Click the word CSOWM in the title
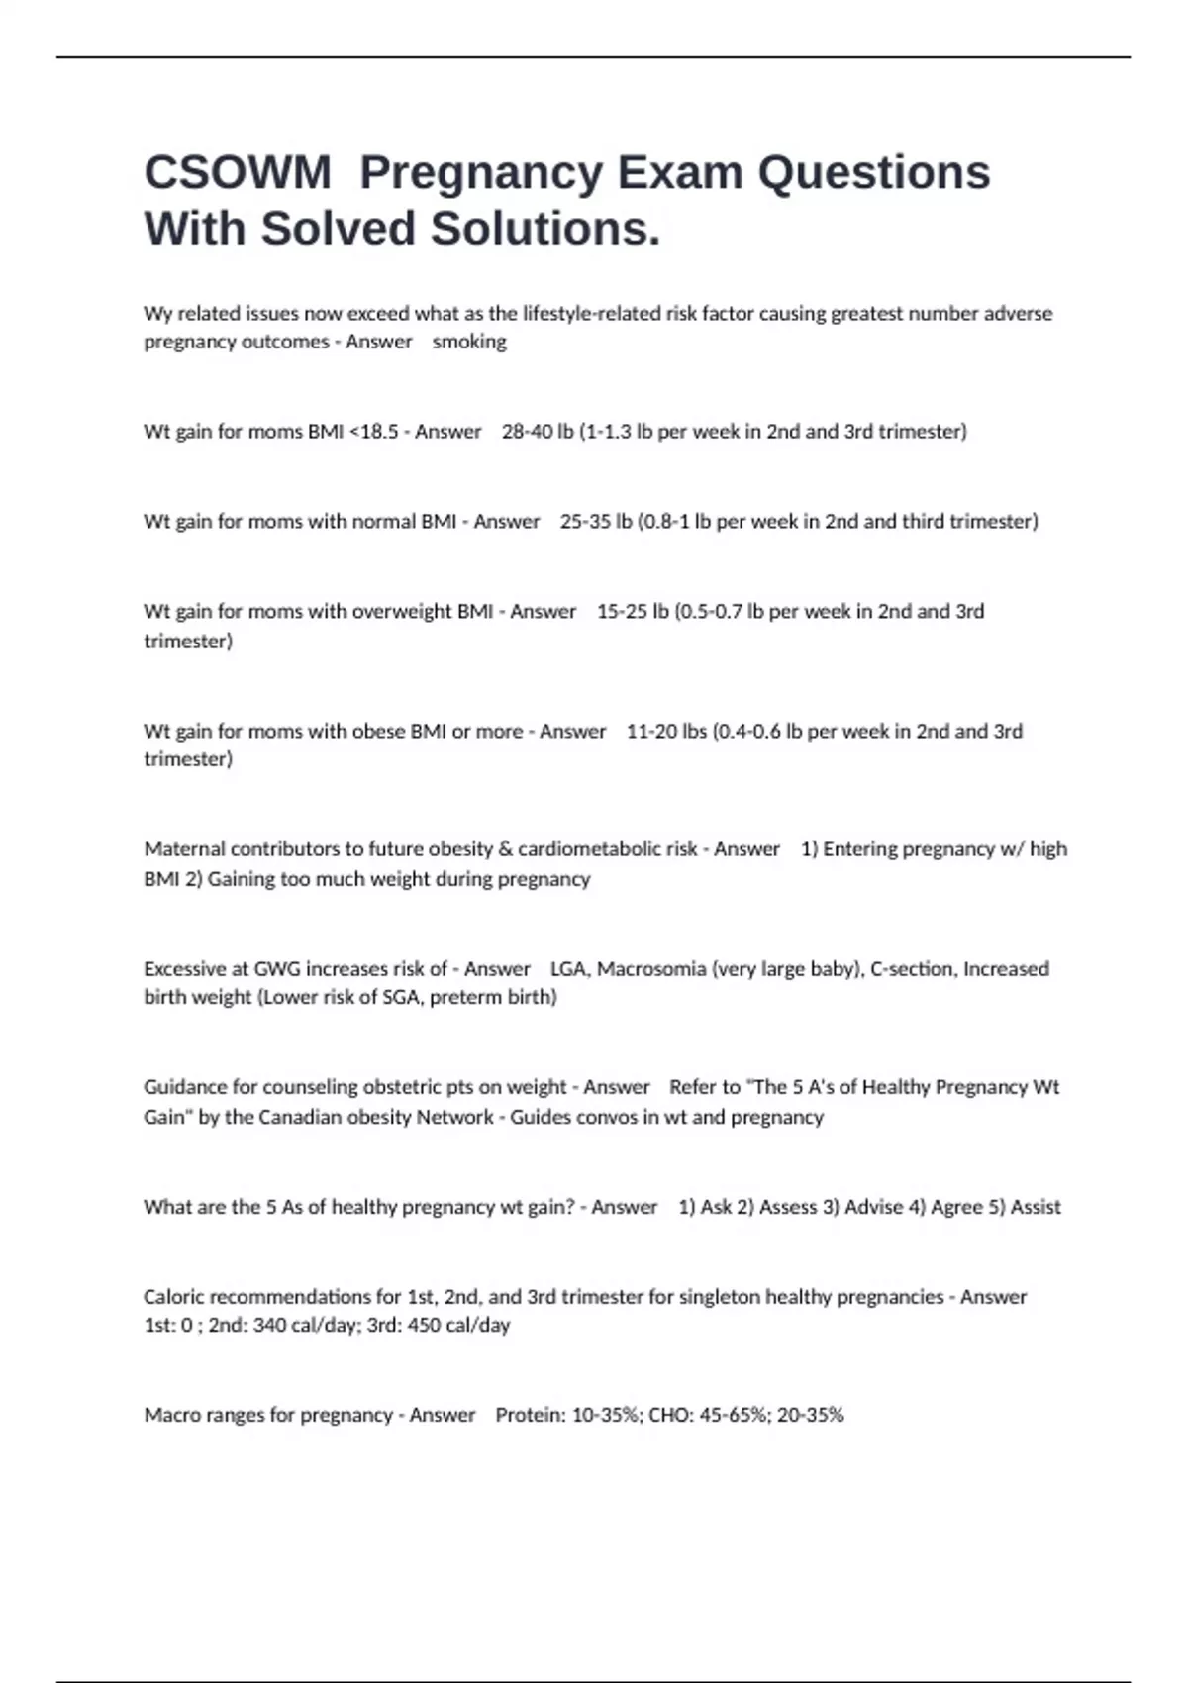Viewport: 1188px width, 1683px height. click(238, 173)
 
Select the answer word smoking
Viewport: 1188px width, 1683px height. click(469, 342)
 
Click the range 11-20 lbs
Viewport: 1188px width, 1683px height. click(666, 732)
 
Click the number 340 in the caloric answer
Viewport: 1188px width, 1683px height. click(269, 1325)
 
